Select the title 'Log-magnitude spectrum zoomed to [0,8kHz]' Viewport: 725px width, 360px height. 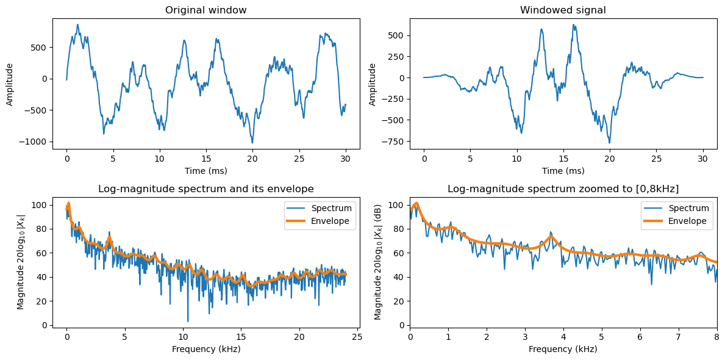pos(563,189)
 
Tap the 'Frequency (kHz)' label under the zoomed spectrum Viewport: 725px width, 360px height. pos(563,349)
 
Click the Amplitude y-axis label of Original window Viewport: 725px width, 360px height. pos(10,83)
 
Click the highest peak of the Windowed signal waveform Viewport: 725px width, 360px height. pos(574,25)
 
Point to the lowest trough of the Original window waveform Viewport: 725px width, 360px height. pos(252,143)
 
